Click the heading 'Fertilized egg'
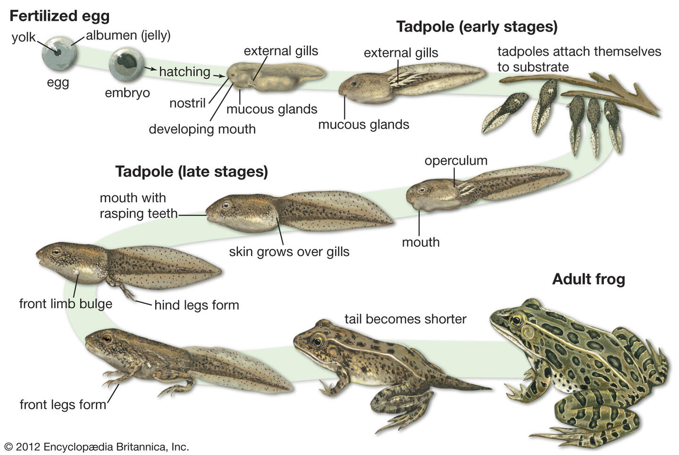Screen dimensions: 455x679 coord(59,16)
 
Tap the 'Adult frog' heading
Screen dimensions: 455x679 coord(588,279)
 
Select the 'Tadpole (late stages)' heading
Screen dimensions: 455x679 coord(192,171)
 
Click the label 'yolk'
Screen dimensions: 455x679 coord(24,37)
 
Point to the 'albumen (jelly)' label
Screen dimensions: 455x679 coord(128,35)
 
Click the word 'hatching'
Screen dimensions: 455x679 coord(184,72)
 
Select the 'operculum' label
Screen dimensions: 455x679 coord(456,160)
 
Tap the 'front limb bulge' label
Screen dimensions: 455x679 coord(66,303)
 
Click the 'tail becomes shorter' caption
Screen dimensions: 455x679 coord(405,319)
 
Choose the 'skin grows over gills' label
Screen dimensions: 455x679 coord(289,252)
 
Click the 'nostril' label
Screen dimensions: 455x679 coord(187,103)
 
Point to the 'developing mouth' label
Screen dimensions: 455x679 coord(202,129)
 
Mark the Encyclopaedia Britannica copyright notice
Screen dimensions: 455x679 coord(96,447)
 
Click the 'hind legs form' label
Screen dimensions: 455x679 coord(197,305)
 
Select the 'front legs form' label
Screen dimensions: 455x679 coord(63,404)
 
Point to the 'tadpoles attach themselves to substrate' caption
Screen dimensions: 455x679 coord(579,59)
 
